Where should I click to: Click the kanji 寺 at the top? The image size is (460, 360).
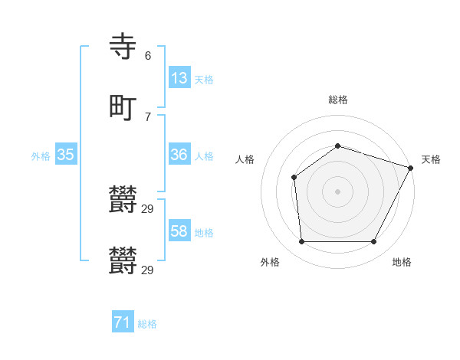123,47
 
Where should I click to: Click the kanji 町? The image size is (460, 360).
123,108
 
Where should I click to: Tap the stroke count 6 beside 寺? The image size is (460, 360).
148,56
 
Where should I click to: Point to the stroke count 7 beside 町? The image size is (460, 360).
148,117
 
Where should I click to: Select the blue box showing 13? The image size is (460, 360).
179,78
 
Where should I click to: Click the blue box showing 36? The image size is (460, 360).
179,155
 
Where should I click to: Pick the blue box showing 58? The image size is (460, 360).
179,231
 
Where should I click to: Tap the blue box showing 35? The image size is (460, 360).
66,155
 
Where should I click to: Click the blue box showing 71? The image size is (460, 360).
123,322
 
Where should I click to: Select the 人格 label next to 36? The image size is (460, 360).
204,156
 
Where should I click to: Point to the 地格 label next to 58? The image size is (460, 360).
204,233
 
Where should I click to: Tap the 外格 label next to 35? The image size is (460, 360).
41,156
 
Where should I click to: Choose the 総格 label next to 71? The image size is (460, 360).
147,324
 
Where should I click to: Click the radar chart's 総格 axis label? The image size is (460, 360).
338,100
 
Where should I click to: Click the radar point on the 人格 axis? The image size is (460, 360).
294,178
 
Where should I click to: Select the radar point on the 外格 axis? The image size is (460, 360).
301,242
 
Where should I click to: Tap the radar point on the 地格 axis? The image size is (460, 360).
374,242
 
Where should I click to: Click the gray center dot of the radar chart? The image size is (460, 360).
338,191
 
